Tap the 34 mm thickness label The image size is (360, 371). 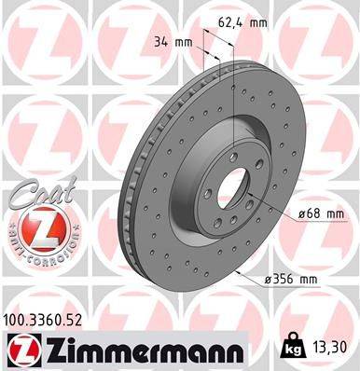coord(170,41)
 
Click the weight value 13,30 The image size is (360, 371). coord(332,347)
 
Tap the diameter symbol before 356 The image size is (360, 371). coord(269,279)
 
